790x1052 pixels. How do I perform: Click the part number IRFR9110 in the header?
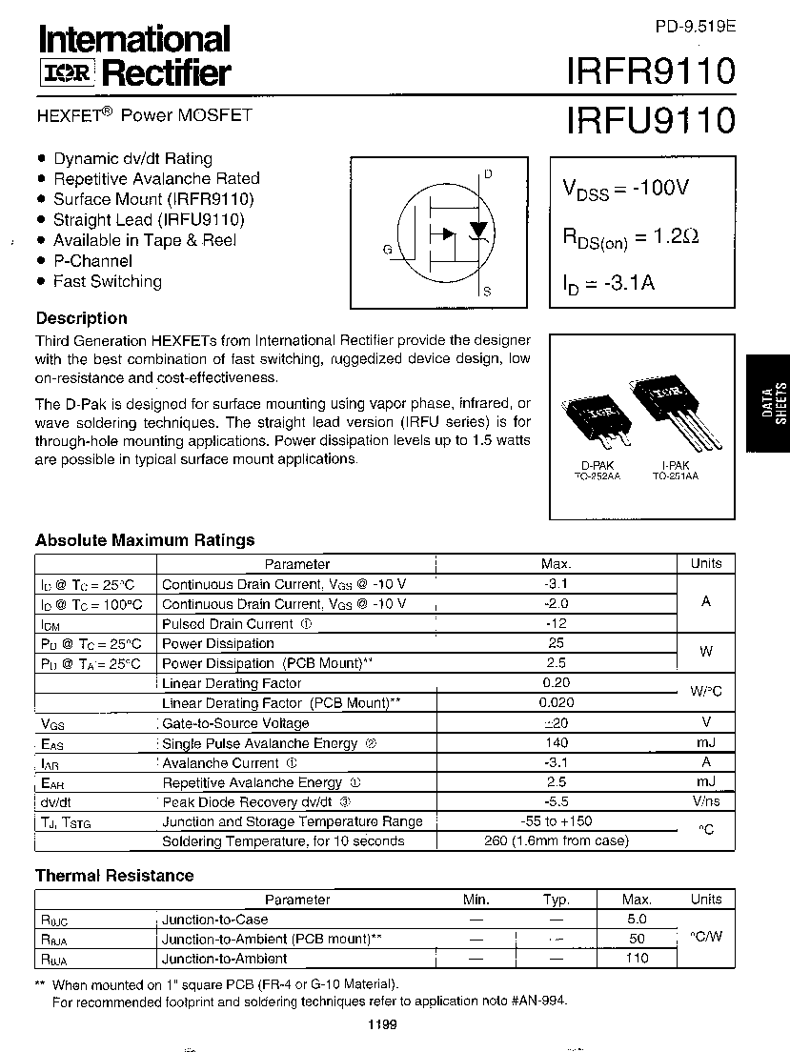click(x=650, y=71)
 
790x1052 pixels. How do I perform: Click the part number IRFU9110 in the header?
click(x=650, y=121)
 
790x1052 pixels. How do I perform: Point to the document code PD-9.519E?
click(x=696, y=28)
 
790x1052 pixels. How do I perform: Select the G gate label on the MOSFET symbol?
click(x=388, y=250)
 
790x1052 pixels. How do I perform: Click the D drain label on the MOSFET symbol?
click(x=488, y=174)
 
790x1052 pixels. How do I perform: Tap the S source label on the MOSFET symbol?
click(x=487, y=292)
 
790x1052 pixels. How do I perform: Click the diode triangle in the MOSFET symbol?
click(x=478, y=232)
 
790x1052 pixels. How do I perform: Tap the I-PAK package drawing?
click(x=674, y=410)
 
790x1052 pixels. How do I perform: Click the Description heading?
click(x=81, y=318)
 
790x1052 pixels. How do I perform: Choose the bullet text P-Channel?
click(x=92, y=260)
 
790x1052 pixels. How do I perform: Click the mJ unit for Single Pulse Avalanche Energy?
click(x=705, y=742)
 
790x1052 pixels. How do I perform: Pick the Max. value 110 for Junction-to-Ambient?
click(x=636, y=959)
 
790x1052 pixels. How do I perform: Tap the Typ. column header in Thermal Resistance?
click(x=556, y=900)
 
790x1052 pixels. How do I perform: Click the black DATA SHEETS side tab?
click(x=773, y=400)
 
